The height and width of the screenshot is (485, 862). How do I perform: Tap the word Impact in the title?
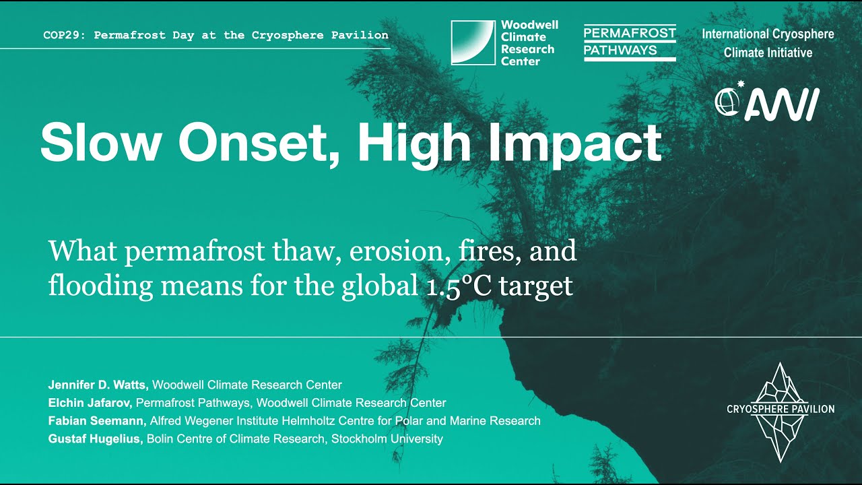(x=580, y=142)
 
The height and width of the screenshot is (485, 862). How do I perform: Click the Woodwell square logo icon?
(x=473, y=42)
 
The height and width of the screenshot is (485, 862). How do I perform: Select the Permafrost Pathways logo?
(x=630, y=43)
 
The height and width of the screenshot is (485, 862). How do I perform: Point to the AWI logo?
(x=767, y=102)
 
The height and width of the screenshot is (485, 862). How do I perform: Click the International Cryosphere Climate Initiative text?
(x=768, y=43)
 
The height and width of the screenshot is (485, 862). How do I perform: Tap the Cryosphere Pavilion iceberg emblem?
(x=780, y=411)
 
